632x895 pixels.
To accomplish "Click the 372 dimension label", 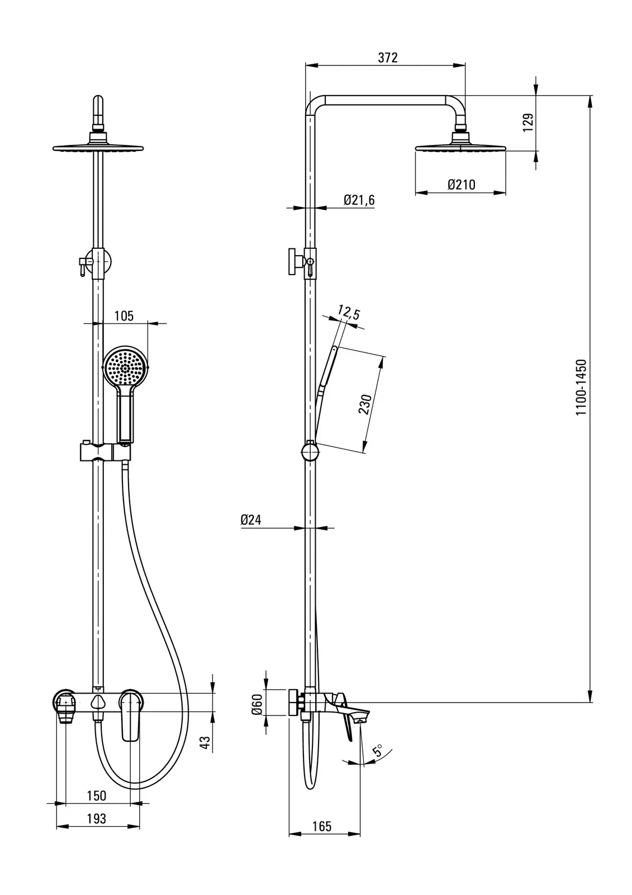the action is point(388,58).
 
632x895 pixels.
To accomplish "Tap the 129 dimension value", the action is point(528,123).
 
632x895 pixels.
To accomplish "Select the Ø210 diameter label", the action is point(462,185).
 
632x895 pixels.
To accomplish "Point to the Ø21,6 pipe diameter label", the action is point(359,200).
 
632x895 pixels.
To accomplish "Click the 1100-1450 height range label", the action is point(581,388).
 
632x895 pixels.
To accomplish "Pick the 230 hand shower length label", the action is point(365,404).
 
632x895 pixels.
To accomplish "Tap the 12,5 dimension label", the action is point(349,313).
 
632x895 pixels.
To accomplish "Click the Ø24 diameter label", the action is point(251,520).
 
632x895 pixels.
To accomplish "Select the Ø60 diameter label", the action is point(258,704).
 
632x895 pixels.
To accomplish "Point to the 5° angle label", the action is point(377,750).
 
